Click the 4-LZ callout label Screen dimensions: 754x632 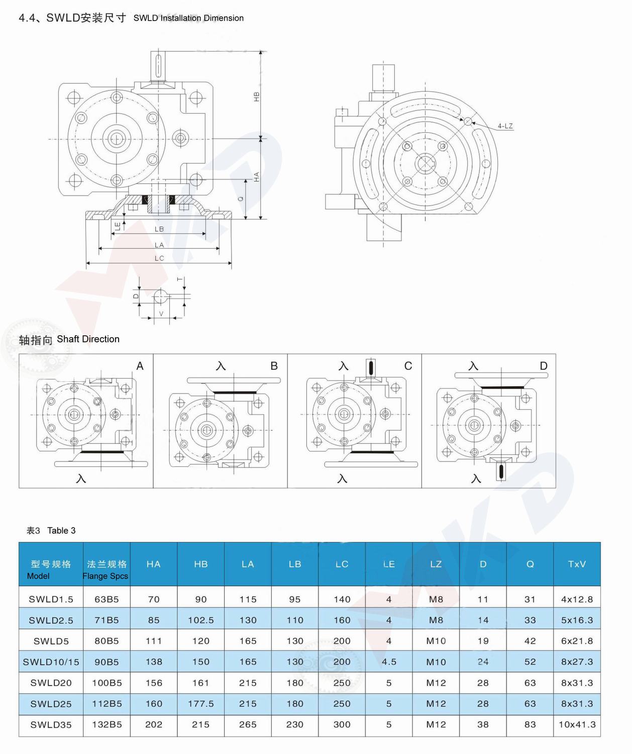coord(505,126)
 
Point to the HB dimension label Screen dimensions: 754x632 coord(257,97)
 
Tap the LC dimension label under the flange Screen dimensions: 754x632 coord(159,258)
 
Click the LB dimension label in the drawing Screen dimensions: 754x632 coord(159,229)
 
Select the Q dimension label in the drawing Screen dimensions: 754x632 coord(241,199)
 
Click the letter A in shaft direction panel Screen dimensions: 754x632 coord(140,366)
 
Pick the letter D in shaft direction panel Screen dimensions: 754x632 coord(543,366)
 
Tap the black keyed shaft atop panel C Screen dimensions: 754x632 coord(371,367)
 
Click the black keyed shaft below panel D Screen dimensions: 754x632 coord(500,472)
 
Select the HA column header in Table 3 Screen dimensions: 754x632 coord(153,564)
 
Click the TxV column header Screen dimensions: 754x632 coord(577,564)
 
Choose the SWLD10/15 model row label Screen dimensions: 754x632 coord(51,662)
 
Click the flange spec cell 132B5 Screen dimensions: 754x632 coord(107,725)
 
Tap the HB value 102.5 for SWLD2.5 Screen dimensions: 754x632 coord(200,620)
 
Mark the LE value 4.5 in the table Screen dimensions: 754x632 coord(389,662)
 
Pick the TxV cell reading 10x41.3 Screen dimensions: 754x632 coord(577,725)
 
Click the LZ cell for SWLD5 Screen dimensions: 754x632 coord(436,641)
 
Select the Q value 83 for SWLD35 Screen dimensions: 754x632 coord(530,725)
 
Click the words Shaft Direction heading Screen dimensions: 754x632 coord(88,339)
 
